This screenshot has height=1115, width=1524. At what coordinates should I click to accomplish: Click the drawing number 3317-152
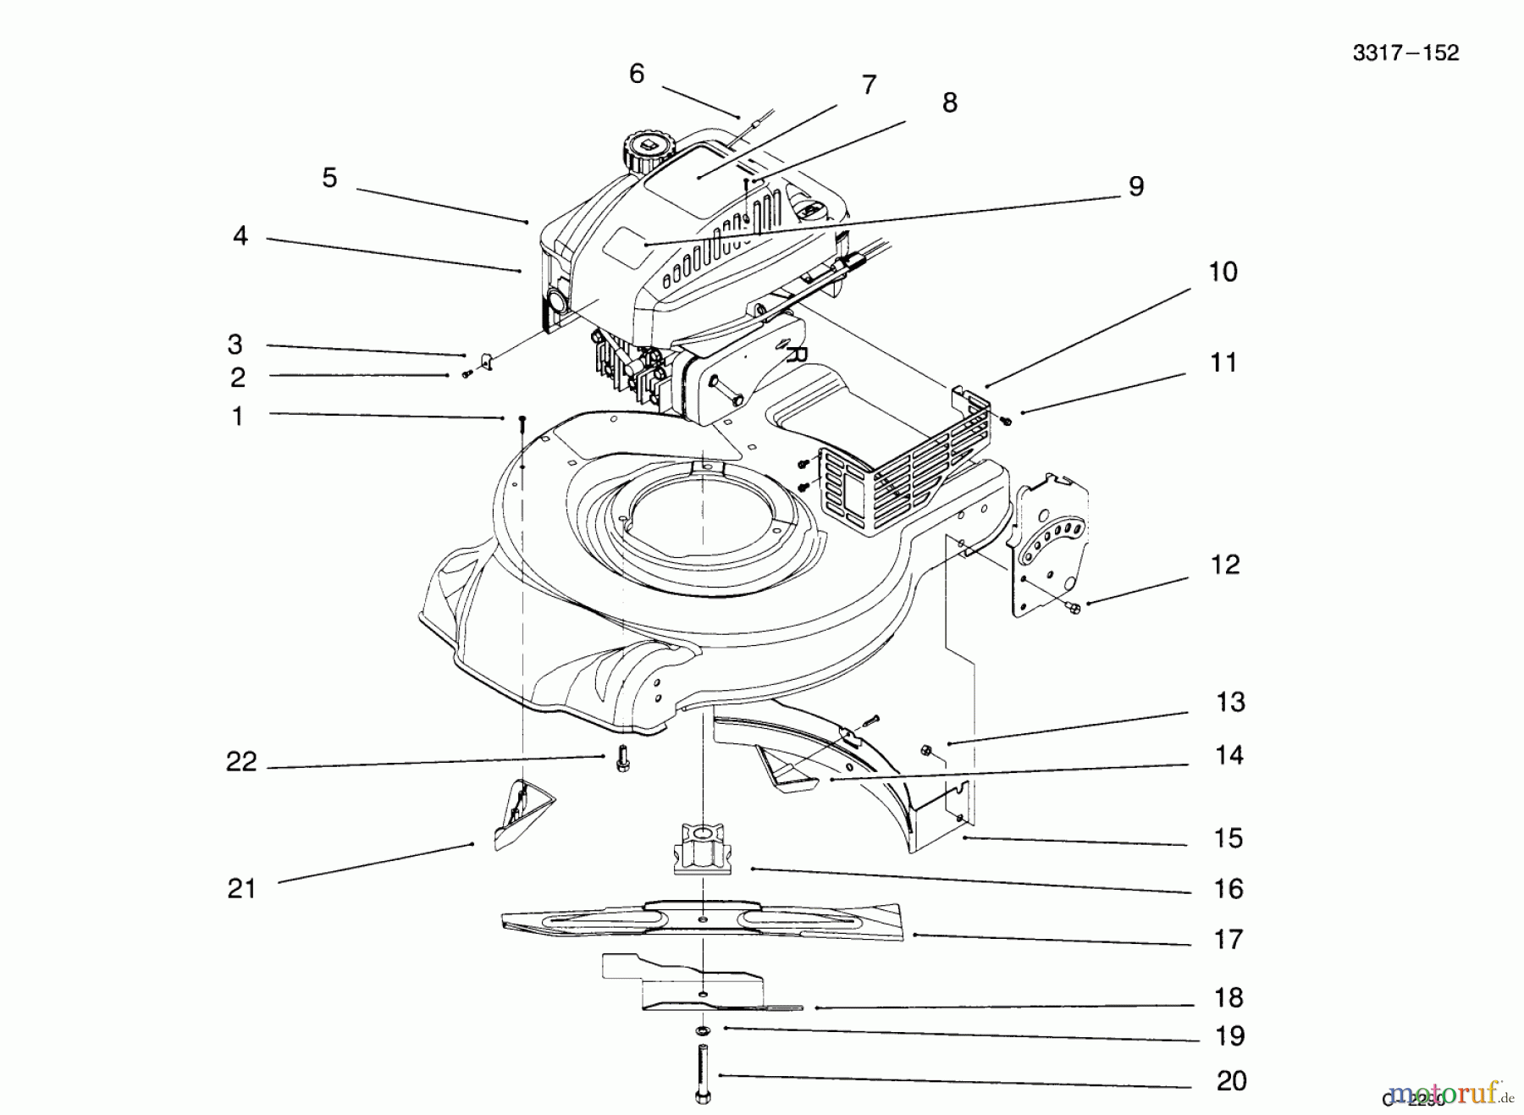click(1405, 53)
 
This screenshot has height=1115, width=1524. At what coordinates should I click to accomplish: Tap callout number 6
click(637, 75)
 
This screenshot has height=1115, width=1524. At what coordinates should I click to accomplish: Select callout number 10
click(1223, 272)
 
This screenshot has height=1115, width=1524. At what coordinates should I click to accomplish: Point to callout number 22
click(241, 762)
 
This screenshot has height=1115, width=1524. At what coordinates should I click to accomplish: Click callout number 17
click(1229, 939)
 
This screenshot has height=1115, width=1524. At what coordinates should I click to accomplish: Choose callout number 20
click(1231, 1081)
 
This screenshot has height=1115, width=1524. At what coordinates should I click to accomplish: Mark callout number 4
click(240, 236)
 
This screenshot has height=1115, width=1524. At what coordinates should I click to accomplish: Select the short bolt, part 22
click(623, 759)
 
